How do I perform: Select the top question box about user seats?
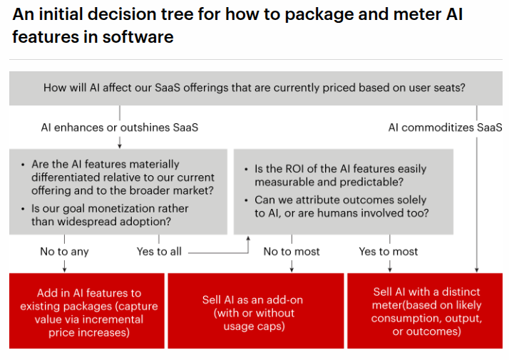pos(254,88)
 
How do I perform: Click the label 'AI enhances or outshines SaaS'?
pos(119,128)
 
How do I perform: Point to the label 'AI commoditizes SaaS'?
pos(445,128)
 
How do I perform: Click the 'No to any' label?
pos(65,251)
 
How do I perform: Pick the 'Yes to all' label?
pos(159,251)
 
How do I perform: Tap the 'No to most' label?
pos(292,251)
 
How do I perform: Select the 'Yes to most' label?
pos(389,251)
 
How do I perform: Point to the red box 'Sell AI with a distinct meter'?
pos(426,312)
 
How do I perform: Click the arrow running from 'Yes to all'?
pos(217,251)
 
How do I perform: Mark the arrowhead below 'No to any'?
pos(65,268)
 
